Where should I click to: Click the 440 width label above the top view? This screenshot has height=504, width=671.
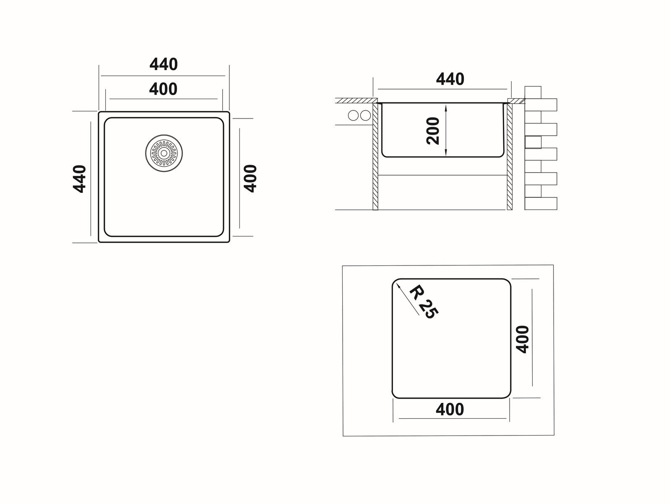(164, 65)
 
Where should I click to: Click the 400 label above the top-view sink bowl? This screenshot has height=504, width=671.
(163, 89)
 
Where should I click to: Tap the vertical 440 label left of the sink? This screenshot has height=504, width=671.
(80, 179)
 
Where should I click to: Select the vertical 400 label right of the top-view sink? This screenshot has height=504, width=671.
(250, 178)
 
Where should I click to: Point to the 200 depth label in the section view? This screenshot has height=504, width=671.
(433, 131)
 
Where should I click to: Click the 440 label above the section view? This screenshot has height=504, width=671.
(450, 79)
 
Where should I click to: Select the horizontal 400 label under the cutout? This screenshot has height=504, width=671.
(450, 409)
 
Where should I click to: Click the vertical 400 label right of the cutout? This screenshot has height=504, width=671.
(523, 339)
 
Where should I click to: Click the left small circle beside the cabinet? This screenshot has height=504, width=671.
(354, 115)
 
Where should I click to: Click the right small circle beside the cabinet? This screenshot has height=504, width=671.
(366, 115)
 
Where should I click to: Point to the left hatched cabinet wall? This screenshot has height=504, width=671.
(375, 156)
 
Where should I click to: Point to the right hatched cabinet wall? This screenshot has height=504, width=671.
(510, 156)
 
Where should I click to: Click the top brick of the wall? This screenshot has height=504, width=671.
(533, 92)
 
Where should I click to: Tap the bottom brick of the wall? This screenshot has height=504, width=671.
(541, 203)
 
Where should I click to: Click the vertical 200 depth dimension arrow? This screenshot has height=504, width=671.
(446, 130)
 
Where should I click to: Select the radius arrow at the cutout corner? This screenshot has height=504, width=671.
(407, 299)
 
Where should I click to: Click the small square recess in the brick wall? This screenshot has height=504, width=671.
(533, 142)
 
